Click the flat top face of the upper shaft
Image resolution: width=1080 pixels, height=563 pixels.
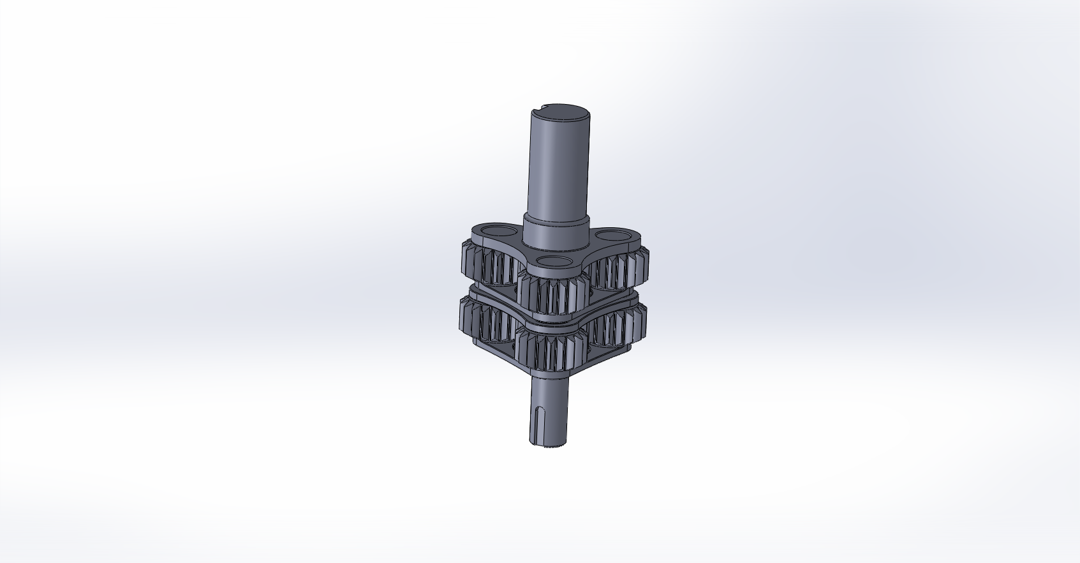561,111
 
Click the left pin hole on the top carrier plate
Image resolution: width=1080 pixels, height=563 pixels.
496,230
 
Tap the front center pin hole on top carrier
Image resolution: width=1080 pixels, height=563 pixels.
552,261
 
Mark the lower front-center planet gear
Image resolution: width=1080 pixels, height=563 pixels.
552,351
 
